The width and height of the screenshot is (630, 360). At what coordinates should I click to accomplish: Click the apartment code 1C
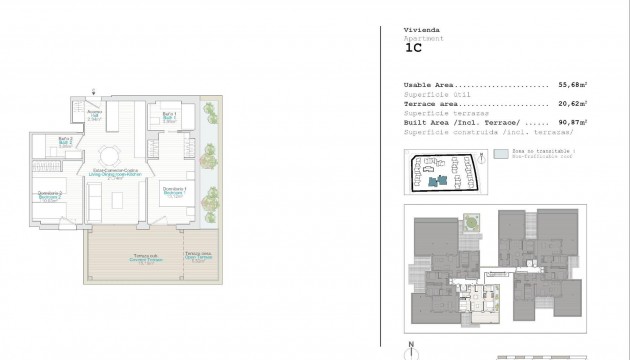pyautogui.click(x=413, y=46)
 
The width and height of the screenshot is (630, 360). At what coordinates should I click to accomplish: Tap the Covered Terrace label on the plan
pyautogui.click(x=147, y=258)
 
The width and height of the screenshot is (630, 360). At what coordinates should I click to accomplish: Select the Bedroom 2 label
pyautogui.click(x=50, y=195)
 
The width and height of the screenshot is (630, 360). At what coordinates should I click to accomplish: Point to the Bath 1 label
pyautogui.click(x=169, y=119)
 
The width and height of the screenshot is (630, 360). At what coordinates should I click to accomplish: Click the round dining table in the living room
pyautogui.click(x=111, y=154)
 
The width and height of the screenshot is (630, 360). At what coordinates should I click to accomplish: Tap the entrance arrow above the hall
pyautogui.click(x=93, y=93)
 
